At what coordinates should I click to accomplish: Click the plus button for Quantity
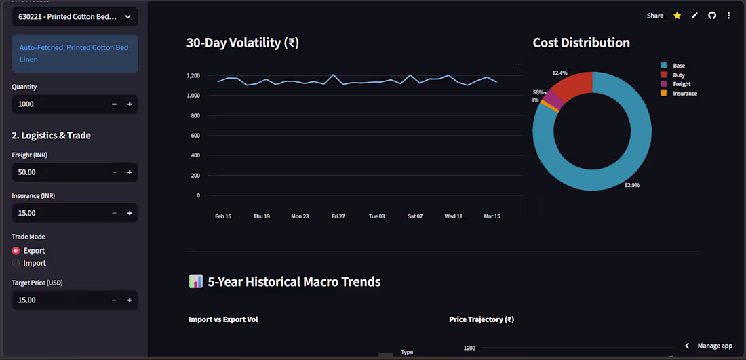pos(129,104)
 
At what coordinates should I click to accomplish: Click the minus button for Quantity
pos(114,104)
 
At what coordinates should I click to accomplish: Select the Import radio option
pos(16,263)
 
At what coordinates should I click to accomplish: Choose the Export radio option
pos(16,251)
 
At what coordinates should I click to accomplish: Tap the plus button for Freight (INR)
pos(129,172)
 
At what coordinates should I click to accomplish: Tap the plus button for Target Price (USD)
pos(129,300)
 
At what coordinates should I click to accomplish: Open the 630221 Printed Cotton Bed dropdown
pos(75,16)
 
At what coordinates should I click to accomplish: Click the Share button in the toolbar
pos(655,16)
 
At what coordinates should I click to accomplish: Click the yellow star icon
pos(677,16)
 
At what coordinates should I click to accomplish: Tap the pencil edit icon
pos(694,16)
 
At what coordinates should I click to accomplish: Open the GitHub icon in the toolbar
pos(712,16)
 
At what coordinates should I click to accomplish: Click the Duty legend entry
pos(678,75)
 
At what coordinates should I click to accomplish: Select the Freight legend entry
pos(681,84)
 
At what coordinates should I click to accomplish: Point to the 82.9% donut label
pos(631,185)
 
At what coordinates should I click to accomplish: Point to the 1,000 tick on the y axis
pos(192,96)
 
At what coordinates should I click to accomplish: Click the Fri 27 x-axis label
pos(338,216)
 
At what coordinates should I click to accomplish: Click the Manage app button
pos(709,346)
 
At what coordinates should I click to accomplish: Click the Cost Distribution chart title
pos(581,43)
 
